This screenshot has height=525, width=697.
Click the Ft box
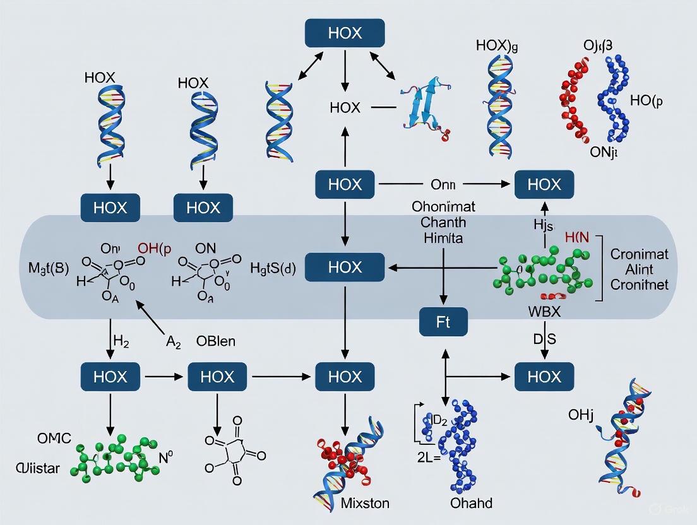click(x=443, y=322)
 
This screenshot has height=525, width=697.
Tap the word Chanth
click(x=439, y=222)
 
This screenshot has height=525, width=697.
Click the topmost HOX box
click(x=344, y=33)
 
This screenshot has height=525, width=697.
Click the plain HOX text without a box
click(x=345, y=108)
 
